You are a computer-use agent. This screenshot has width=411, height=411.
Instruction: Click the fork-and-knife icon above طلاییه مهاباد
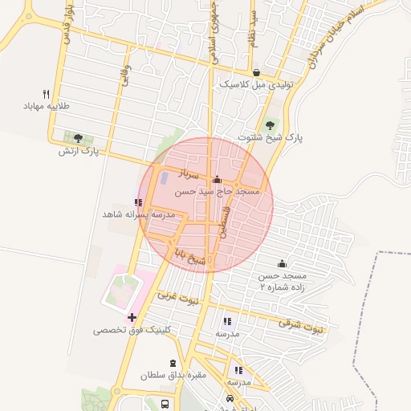(47, 93)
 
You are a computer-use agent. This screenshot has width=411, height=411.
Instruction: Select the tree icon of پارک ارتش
(78, 138)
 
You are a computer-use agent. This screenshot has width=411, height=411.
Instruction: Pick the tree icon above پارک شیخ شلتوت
(271, 124)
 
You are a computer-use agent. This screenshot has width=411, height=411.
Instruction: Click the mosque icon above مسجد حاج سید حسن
(217, 180)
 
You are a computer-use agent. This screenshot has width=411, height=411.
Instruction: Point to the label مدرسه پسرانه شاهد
(139, 215)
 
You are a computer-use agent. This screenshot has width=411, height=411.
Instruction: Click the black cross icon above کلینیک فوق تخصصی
(132, 318)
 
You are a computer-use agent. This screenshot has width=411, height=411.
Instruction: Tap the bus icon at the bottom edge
(165, 404)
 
